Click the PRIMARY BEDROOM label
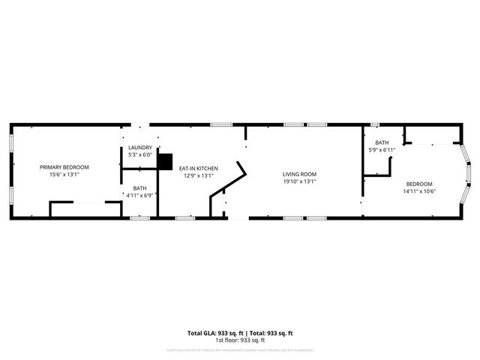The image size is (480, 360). coord(64,166)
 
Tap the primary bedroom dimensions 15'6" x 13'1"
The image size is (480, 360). coord(64,174)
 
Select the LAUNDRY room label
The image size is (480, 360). coord(140,148)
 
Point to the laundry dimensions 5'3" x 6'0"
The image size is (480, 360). coord(140,154)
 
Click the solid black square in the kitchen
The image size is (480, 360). coord(165,160)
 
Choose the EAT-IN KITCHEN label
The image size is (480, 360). coord(199,168)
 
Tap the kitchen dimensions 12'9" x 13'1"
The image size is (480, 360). coord(199,175)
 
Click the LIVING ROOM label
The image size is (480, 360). coord(300,173)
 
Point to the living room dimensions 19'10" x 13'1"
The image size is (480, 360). coord(300,181)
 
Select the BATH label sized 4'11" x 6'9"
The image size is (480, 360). coord(140,188)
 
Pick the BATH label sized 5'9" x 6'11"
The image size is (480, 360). coord(382,142)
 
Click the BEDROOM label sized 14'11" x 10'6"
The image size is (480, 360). coord(419,184)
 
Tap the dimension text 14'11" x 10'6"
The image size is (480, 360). coord(419,191)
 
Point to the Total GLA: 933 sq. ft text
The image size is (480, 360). coord(213,332)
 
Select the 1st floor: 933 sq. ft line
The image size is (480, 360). coord(240,340)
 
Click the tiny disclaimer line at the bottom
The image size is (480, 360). coord(240,350)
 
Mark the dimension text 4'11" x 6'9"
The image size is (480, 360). coord(140,196)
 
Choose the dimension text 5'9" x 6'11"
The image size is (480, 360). coord(382,150)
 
